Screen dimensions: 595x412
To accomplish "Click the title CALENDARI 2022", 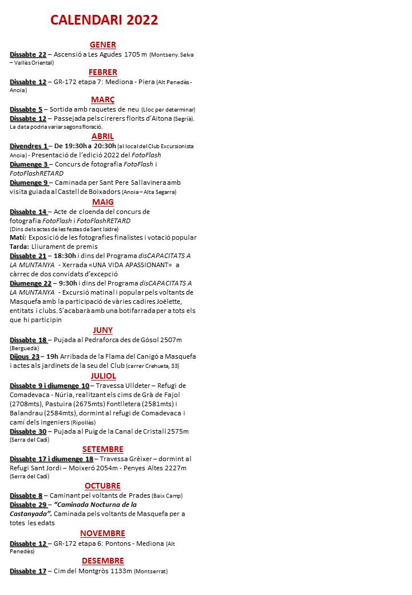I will pos(104,20).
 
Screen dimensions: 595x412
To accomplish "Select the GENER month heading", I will pos(103,45).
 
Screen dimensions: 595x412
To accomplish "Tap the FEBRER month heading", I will pos(103,72).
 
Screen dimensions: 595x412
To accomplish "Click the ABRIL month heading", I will pos(103,136).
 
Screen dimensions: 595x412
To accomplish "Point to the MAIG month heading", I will pos(103,202).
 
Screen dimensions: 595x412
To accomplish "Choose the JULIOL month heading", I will pos(103,376).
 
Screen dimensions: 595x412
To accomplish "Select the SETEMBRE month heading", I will pos(103,449).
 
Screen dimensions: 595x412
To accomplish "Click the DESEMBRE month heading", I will pos(103,561).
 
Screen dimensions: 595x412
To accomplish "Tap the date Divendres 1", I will pos(29,146).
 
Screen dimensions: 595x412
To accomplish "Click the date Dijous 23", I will pos(25,356).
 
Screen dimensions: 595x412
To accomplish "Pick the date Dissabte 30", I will pos(28,431).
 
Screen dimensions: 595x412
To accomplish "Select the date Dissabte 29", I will pos(28,505).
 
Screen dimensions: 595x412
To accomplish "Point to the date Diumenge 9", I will pos(29,183).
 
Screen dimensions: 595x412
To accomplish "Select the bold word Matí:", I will pos(18,237).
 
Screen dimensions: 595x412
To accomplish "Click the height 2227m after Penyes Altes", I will pos(175,468).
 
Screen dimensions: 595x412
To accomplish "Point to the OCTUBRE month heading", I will pos(103,486).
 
